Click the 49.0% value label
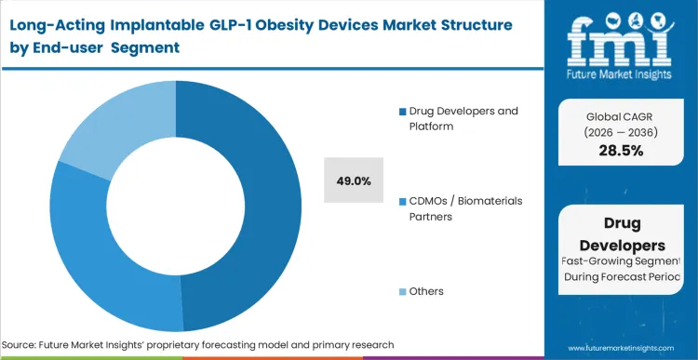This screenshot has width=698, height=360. click(355, 180)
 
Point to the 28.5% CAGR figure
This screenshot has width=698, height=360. click(620, 151)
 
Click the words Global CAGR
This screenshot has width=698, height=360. click(620, 115)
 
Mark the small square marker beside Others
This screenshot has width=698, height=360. click(402, 292)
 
